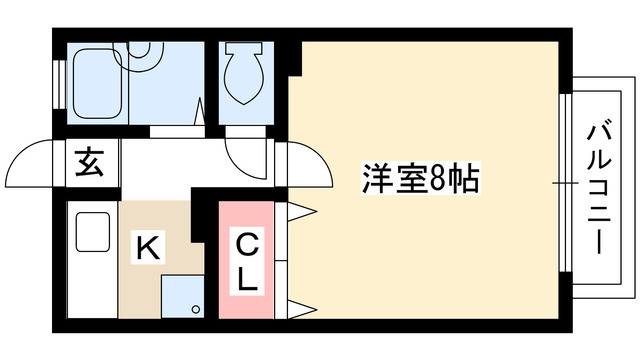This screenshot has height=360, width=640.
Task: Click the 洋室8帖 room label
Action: click(419, 181)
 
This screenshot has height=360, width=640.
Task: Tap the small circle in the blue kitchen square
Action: click(196, 307)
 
